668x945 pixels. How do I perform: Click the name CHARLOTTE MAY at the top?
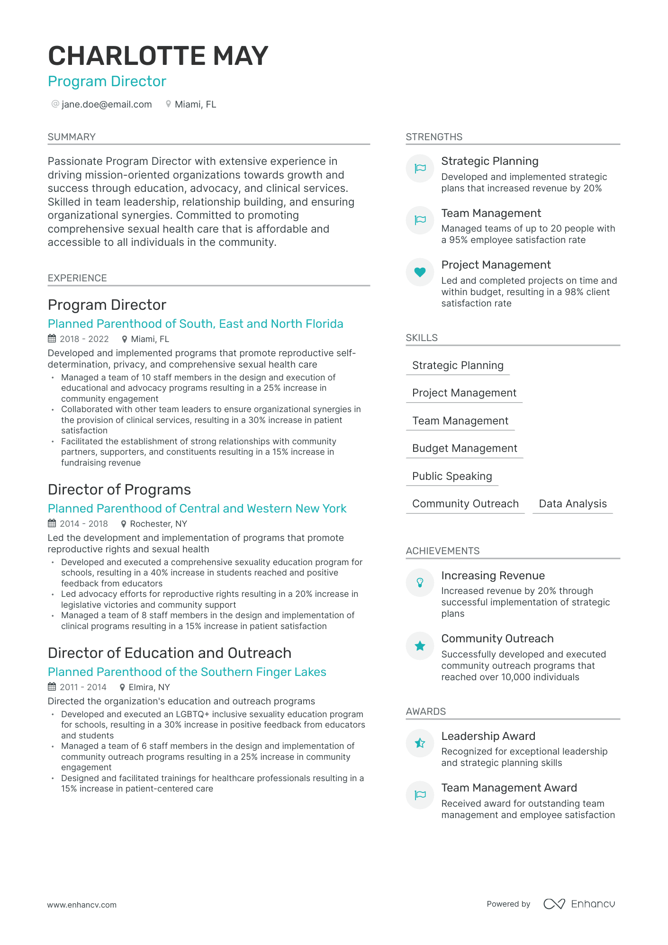coord(158,56)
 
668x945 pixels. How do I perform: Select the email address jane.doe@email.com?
coord(107,104)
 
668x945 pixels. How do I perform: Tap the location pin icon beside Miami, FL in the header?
coord(168,104)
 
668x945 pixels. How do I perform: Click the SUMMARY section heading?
coord(72,137)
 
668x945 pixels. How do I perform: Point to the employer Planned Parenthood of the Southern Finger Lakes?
coord(187,672)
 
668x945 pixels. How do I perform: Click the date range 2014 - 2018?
coord(84,523)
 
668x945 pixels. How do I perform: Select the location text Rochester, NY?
coord(158,523)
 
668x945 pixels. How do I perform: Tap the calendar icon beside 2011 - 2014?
coord(52,687)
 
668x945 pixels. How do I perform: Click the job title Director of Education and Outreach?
coord(169,653)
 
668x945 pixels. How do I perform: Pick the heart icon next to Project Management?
coord(420,272)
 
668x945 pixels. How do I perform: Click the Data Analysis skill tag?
coord(572,504)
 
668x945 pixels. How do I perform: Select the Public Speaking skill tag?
coord(452,476)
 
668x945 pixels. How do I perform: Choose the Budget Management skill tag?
coord(464,448)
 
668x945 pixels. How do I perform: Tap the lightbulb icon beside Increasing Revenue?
coord(420,583)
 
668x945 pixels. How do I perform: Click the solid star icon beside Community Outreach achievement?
coord(420,646)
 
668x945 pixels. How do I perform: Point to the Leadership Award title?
coord(488,736)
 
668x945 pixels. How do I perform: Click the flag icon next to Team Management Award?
coord(420,795)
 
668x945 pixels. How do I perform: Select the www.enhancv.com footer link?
coord(81,905)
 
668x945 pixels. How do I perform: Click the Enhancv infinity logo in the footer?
coord(554,904)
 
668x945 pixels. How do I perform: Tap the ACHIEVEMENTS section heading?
coord(442,551)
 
